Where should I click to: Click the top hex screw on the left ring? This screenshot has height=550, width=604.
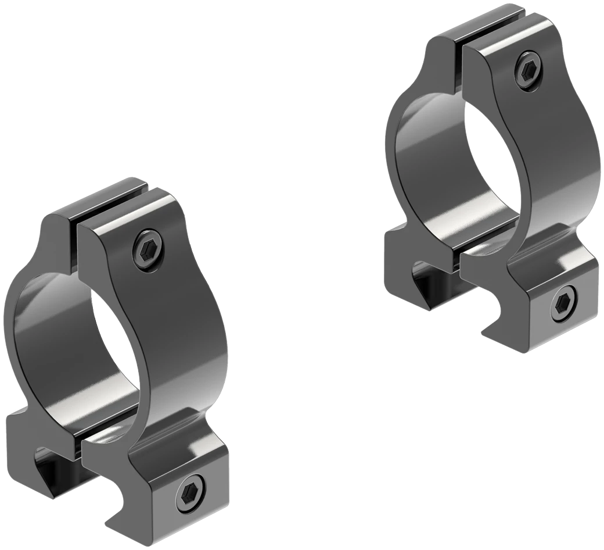coord(148,249)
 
